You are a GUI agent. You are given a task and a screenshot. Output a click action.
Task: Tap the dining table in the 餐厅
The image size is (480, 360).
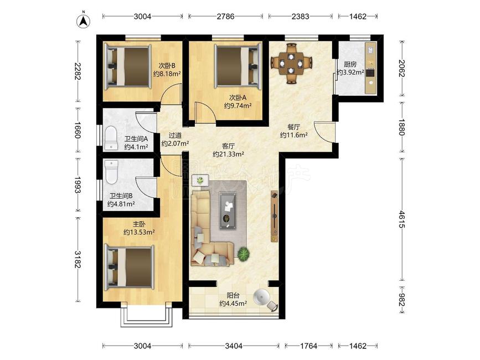(x=291, y=64)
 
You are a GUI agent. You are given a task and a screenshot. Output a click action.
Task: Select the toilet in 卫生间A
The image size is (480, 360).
(x=111, y=138)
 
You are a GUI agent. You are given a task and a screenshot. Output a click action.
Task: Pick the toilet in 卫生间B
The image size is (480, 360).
(x=111, y=172)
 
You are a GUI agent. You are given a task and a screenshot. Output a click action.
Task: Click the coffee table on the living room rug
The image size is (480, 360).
(x=228, y=210)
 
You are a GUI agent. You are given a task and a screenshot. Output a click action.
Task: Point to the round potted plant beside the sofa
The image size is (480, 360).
(x=244, y=254)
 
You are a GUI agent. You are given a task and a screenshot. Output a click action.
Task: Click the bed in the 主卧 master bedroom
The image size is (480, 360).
(x=129, y=267)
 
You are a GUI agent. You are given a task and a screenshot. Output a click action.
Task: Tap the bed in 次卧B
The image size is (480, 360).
(x=128, y=66)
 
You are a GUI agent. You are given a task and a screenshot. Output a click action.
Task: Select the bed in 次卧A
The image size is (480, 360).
(x=238, y=65)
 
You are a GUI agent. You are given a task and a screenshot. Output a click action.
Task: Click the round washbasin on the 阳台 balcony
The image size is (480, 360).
(x=261, y=297)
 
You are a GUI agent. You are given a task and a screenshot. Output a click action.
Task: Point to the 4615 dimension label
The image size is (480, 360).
(x=402, y=218)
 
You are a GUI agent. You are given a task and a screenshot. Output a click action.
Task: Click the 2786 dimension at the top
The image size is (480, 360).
(x=226, y=16)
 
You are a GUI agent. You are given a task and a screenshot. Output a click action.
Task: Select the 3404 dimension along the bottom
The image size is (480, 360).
(x=234, y=346)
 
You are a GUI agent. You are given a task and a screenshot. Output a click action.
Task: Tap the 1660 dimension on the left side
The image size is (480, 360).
(x=78, y=130)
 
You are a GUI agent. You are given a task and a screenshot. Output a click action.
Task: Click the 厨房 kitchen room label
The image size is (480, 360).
(x=350, y=64)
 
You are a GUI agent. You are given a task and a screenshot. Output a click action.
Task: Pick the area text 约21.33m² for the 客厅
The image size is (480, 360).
(x=228, y=154)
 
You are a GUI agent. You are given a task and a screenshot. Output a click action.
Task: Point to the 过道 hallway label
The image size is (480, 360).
(x=175, y=135)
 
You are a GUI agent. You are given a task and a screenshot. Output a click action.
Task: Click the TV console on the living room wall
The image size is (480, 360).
(x=275, y=216)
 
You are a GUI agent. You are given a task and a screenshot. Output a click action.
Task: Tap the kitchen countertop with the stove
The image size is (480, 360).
(x=371, y=68)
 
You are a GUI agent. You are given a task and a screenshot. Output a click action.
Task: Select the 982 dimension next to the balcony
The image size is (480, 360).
(x=402, y=300)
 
